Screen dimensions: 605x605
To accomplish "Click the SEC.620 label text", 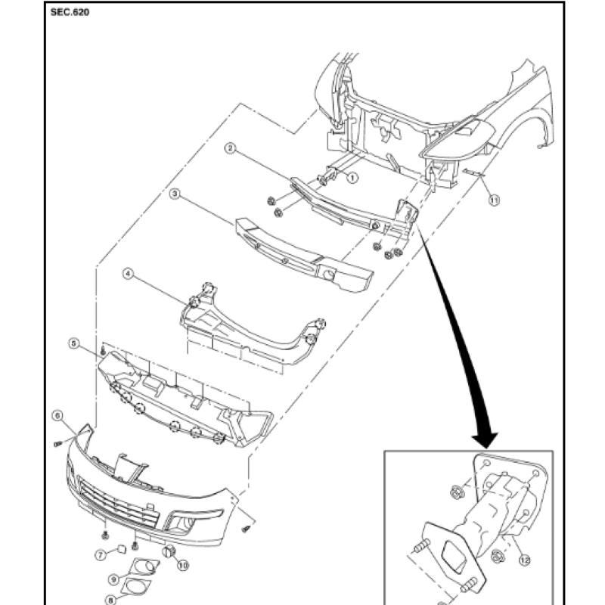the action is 70,12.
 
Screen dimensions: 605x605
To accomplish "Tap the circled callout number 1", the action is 352,178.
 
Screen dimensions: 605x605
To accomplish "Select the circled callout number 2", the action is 231,148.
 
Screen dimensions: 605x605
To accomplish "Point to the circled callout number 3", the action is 175,194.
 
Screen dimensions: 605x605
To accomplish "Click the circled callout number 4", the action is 129,274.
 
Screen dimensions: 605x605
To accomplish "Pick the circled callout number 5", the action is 73,343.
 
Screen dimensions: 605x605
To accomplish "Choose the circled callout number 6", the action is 57,415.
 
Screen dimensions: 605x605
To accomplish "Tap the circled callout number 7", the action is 101,555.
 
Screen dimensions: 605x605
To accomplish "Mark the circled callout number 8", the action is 110,600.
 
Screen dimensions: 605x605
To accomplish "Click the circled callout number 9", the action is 114,579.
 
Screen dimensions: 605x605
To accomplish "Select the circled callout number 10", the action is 182,566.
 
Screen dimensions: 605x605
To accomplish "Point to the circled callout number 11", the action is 495,200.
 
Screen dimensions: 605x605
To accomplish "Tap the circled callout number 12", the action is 524,560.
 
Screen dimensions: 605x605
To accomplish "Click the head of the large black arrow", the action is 485,439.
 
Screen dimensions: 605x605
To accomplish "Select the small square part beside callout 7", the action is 122,550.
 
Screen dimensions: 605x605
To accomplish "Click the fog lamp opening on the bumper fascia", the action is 180,524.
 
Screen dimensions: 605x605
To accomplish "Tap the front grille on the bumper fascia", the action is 119,504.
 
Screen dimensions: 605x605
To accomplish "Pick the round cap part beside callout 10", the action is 169,552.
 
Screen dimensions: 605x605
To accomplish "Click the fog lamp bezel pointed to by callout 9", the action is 145,566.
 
